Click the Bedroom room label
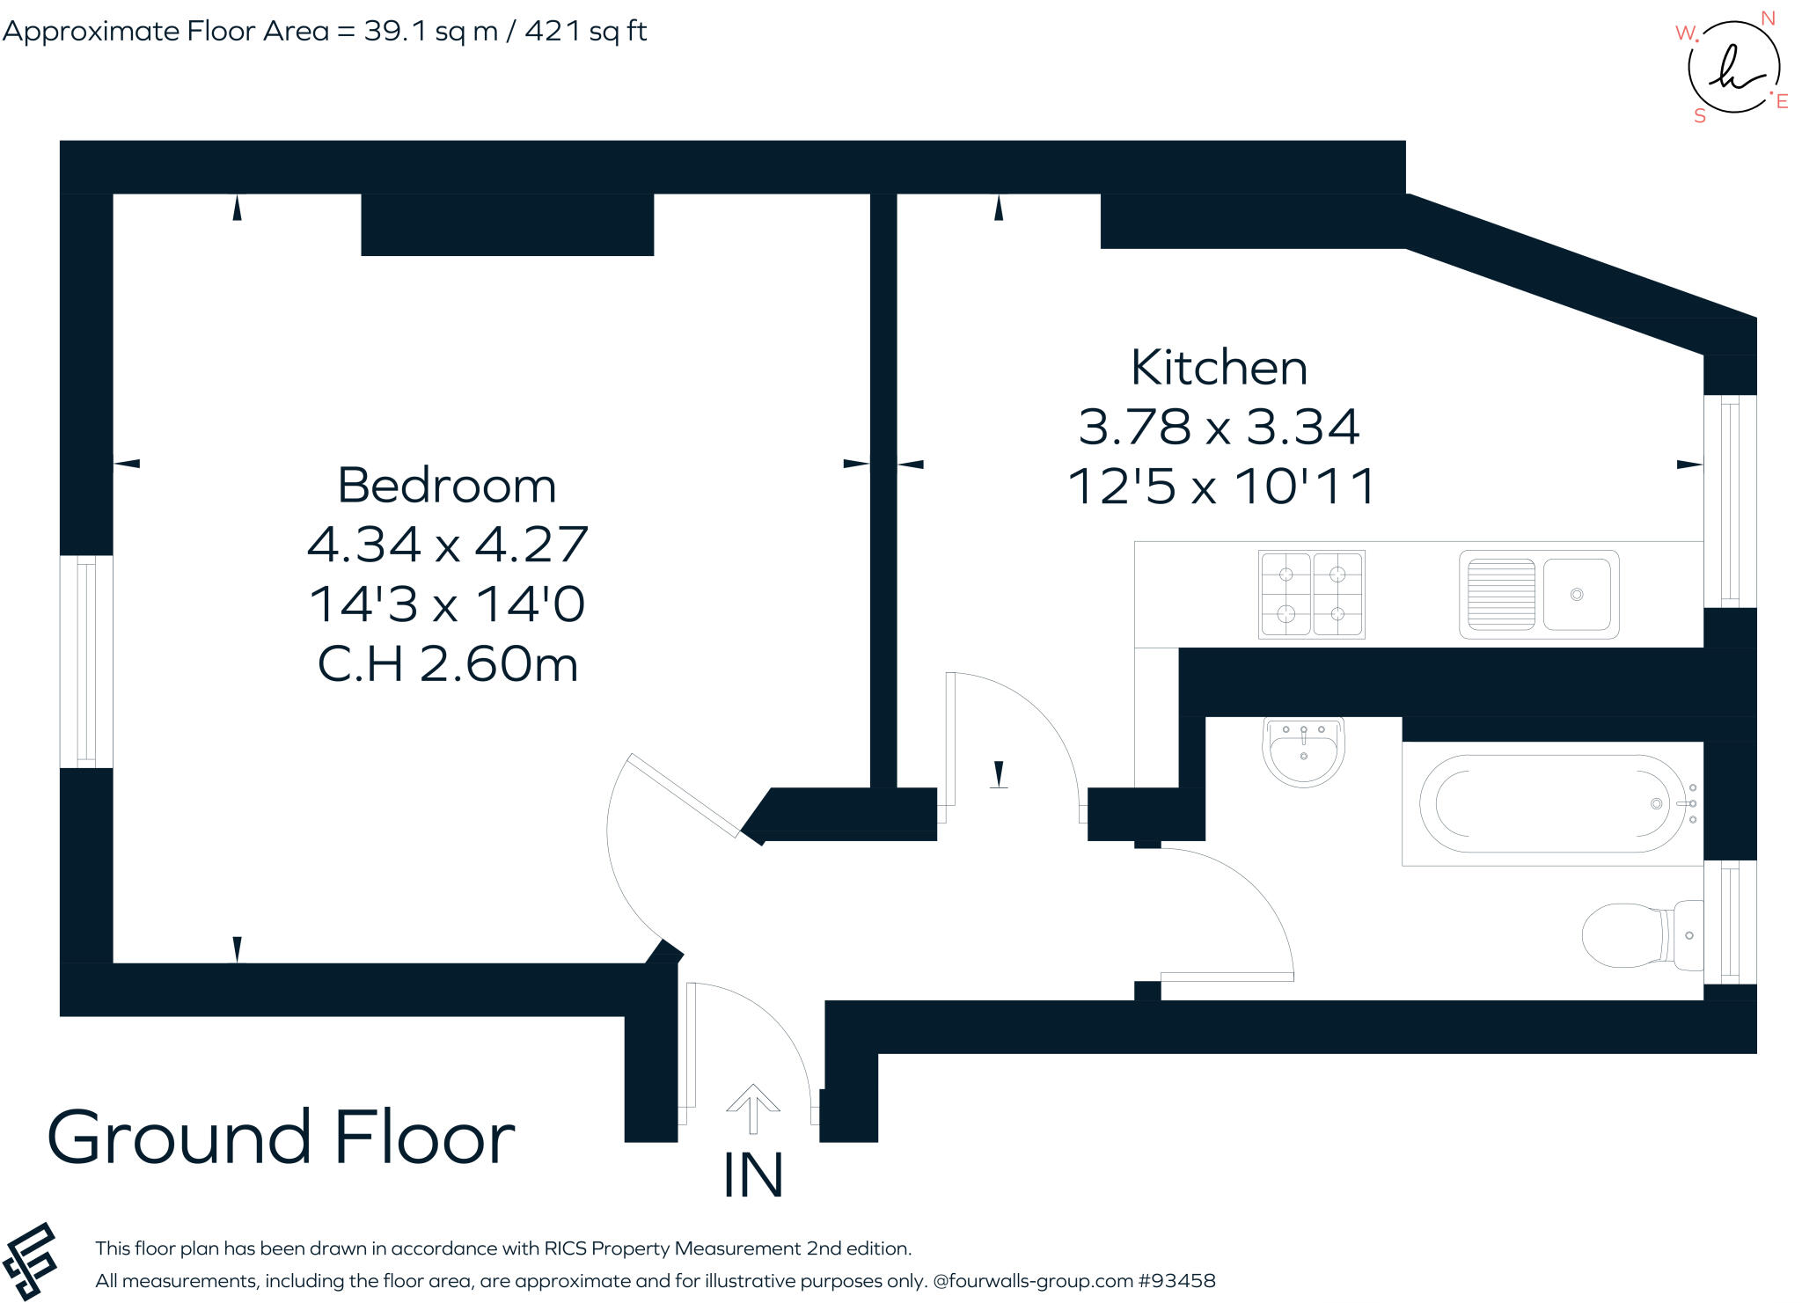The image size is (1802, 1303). (x=447, y=487)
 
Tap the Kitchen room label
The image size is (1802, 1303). (x=1219, y=368)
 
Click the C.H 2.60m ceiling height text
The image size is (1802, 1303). (x=447, y=664)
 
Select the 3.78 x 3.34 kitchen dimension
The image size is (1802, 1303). (x=1219, y=427)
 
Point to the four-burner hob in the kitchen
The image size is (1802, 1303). (x=1311, y=594)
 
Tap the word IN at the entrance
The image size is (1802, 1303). (x=752, y=1175)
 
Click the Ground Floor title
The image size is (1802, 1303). (x=281, y=1138)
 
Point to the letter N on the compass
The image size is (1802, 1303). (x=1768, y=18)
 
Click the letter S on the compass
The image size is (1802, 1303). (x=1700, y=116)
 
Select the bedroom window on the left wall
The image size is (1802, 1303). (x=86, y=662)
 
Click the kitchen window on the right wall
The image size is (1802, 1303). (x=1730, y=501)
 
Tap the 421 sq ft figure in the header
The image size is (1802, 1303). (x=586, y=32)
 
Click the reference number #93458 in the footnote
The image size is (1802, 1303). (x=1176, y=1281)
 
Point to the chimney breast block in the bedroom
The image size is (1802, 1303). (x=507, y=224)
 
